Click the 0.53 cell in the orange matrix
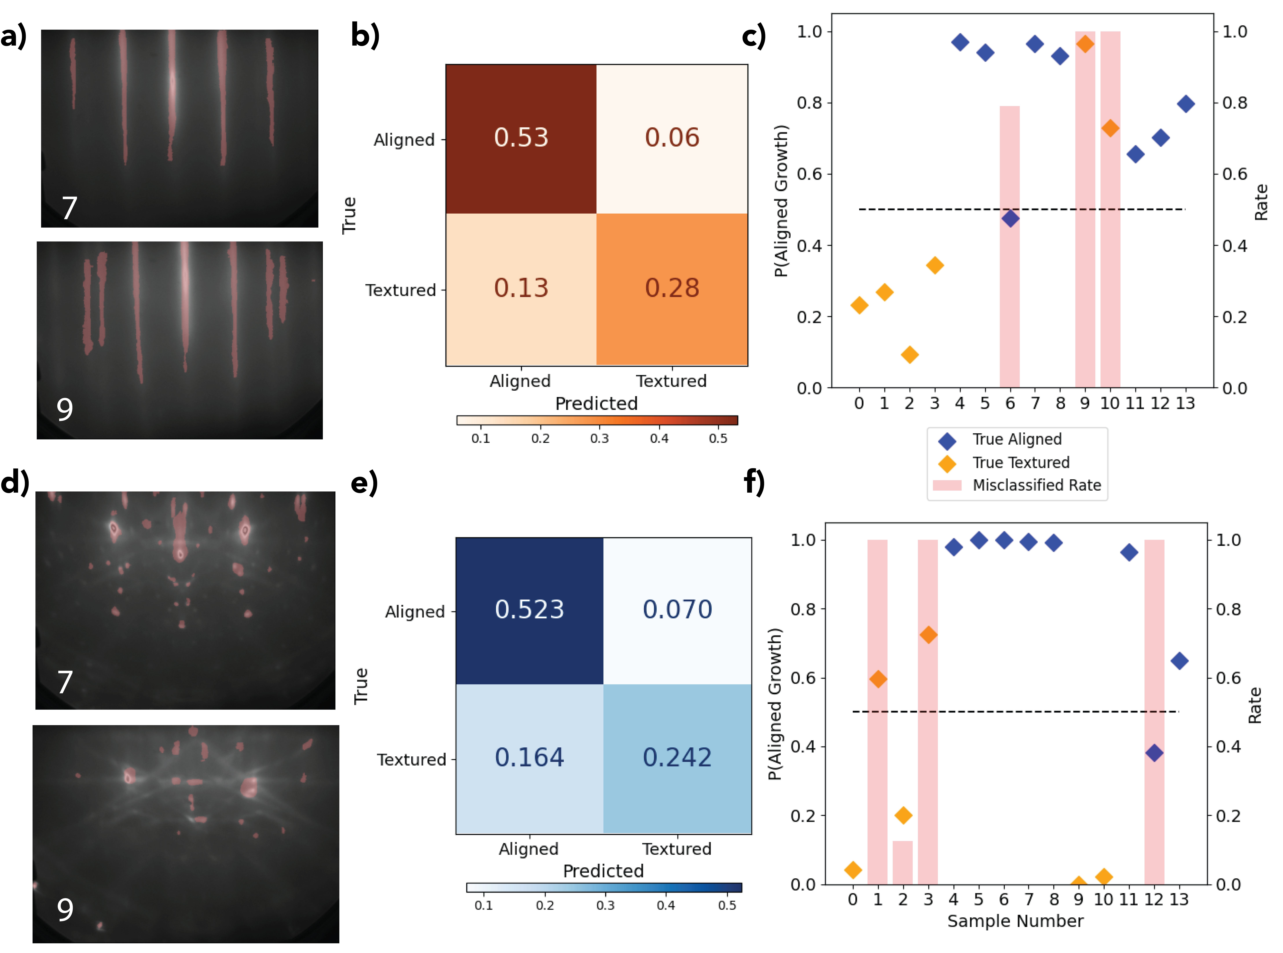521,138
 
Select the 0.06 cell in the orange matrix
672,138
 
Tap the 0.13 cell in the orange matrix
521,288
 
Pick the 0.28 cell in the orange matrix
672,288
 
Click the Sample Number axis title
1015,921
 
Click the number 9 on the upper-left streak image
65,409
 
